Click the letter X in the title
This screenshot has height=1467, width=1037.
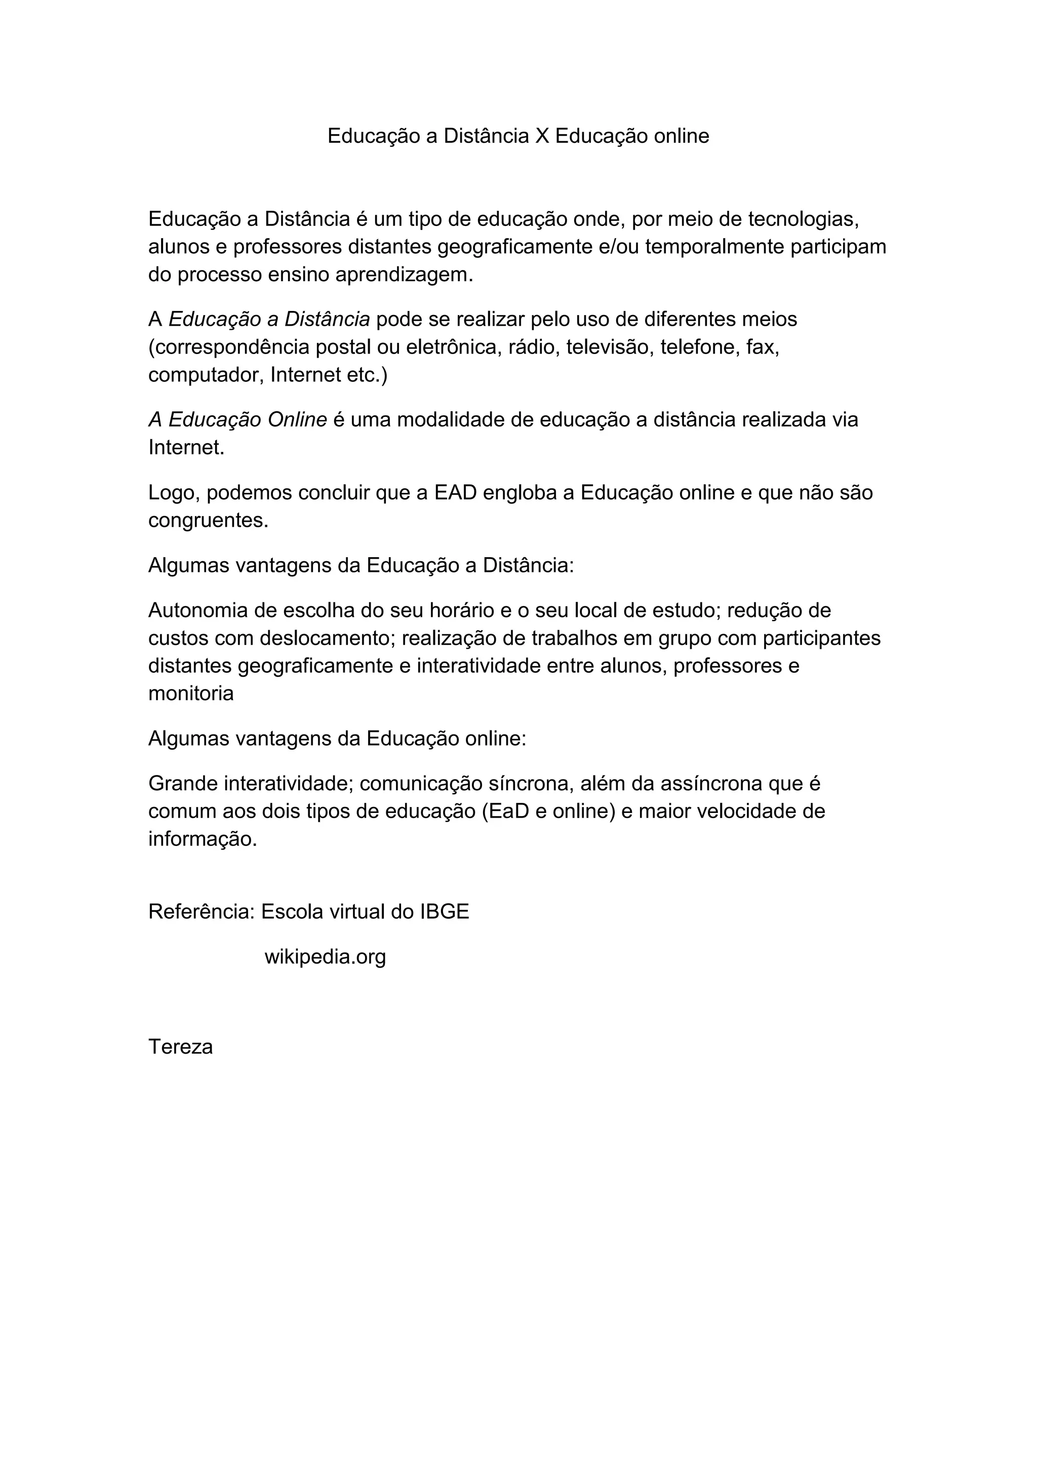point(542,136)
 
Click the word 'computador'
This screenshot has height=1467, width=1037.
point(206,375)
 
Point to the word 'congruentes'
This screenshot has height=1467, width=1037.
point(208,521)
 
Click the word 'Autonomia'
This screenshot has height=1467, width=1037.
point(198,611)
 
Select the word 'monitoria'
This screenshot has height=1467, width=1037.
point(191,693)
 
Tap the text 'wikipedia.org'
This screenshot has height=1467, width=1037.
point(325,957)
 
